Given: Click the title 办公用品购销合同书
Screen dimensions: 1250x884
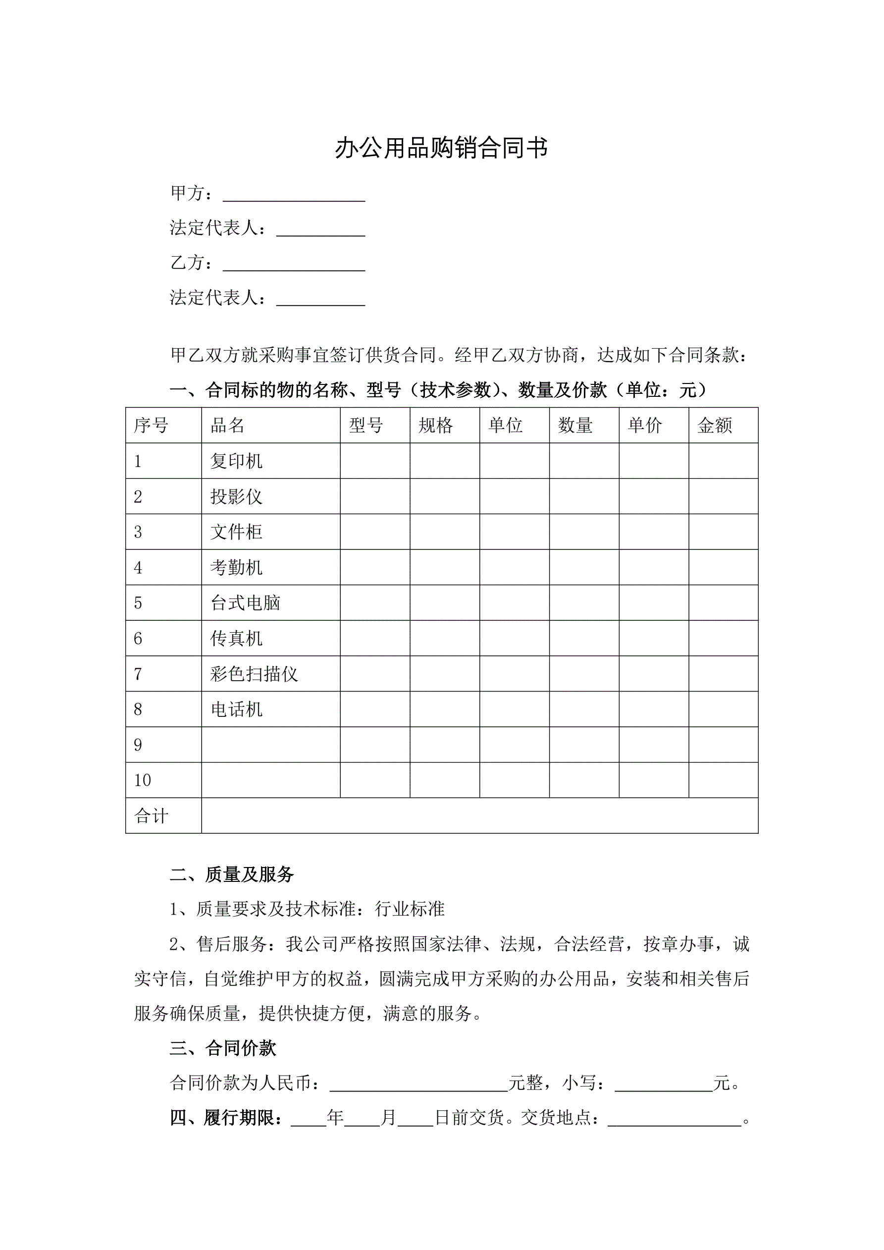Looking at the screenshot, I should click(441, 148).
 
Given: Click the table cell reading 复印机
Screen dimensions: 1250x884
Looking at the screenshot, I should click(236, 461).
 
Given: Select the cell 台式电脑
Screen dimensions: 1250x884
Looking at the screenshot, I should click(245, 602).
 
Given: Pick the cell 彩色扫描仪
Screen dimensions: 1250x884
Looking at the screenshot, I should click(254, 674).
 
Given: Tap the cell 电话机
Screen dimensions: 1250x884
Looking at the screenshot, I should click(236, 709).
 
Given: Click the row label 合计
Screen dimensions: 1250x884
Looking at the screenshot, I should click(152, 816).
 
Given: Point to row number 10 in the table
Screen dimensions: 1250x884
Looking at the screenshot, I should click(143, 780).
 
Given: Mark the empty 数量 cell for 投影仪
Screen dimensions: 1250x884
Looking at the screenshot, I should click(584, 496).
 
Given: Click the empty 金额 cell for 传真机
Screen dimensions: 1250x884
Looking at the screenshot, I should click(724, 638).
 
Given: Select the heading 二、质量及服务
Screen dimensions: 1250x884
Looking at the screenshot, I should click(232, 874).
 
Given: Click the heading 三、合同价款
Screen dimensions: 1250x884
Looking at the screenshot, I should click(223, 1048).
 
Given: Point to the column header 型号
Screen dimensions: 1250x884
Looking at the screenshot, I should click(366, 425).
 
